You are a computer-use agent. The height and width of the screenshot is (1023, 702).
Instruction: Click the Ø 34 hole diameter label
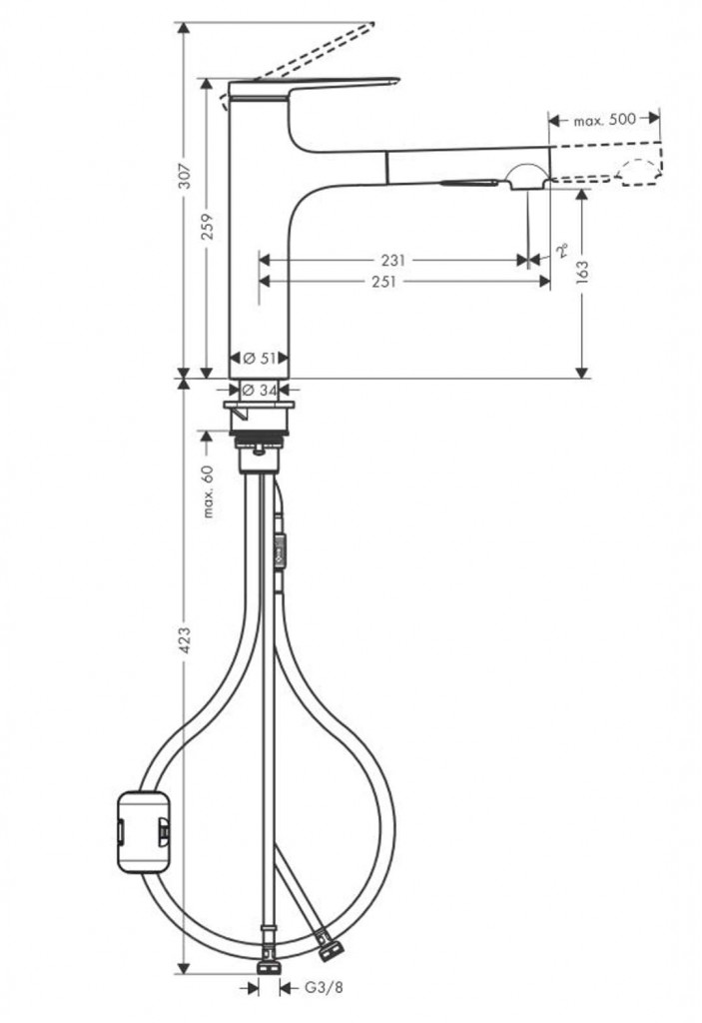pos(260,391)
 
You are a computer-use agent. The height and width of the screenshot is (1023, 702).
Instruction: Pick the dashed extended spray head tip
pos(639,174)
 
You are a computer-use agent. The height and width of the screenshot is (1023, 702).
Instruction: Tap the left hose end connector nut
pos(268,966)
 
